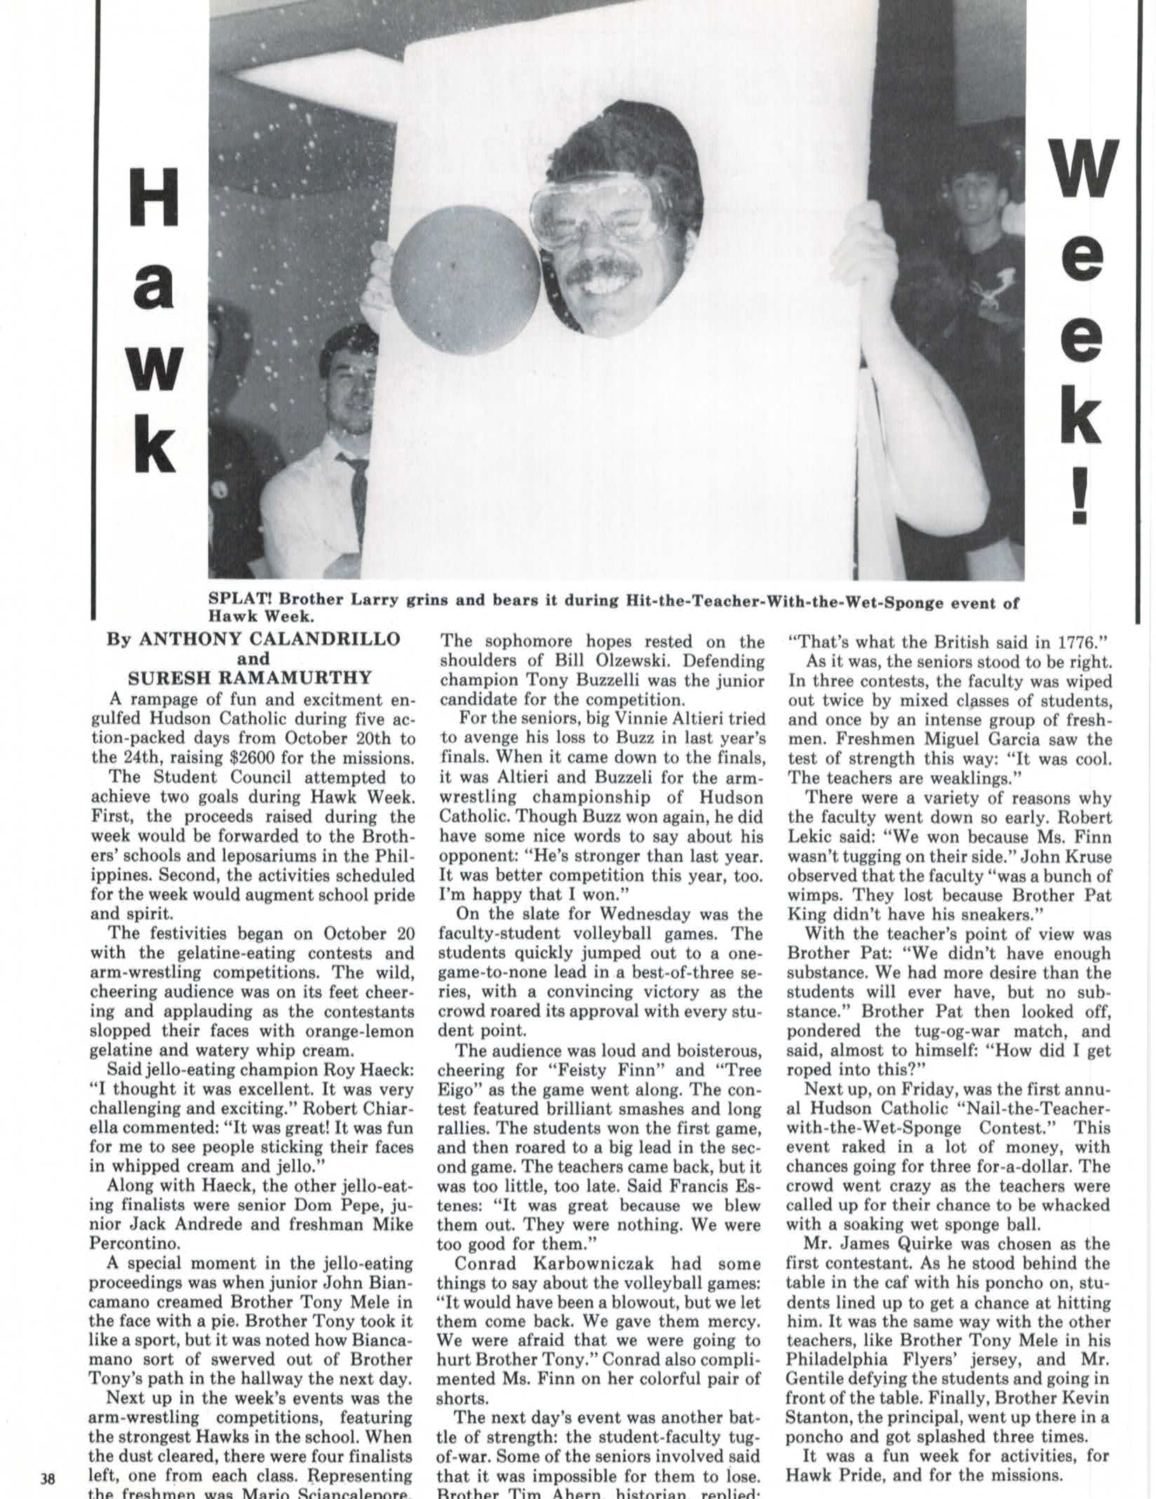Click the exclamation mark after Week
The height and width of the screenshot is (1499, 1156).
tap(1080, 495)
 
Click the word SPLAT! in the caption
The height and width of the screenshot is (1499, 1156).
tap(236, 601)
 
